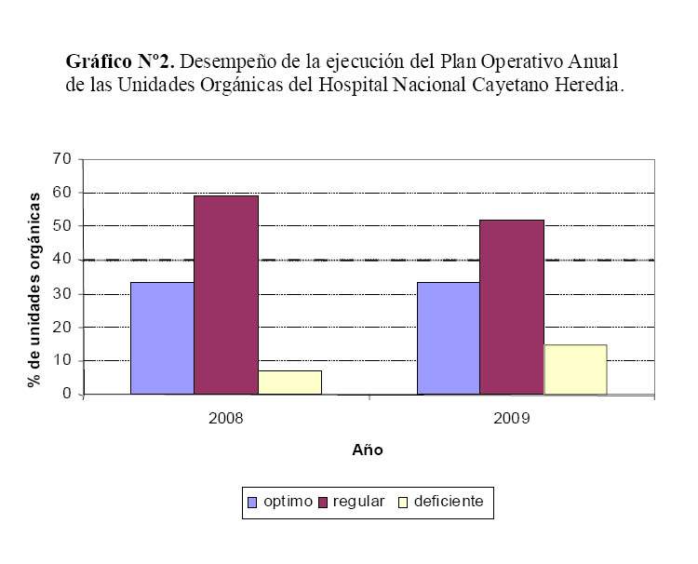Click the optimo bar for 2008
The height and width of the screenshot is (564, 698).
pyautogui.click(x=162, y=338)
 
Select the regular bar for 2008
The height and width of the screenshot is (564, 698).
pyautogui.click(x=226, y=294)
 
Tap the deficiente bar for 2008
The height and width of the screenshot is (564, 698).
pyautogui.click(x=289, y=383)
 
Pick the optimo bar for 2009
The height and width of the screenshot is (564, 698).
pyautogui.click(x=449, y=338)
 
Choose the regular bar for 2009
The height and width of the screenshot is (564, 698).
pyautogui.click(x=512, y=307)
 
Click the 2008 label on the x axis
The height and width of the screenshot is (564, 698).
pyautogui.click(x=226, y=419)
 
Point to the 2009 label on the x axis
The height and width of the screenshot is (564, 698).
pyautogui.click(x=512, y=419)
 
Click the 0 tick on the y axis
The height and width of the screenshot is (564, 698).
pyautogui.click(x=67, y=395)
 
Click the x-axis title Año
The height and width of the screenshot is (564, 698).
pyautogui.click(x=368, y=450)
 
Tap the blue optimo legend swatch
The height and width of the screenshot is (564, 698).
pyautogui.click(x=252, y=503)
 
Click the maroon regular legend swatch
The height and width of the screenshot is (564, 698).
pyautogui.click(x=323, y=503)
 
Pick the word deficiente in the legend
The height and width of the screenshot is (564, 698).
pyautogui.click(x=449, y=502)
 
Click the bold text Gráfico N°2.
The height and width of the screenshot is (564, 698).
pyautogui.click(x=120, y=62)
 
